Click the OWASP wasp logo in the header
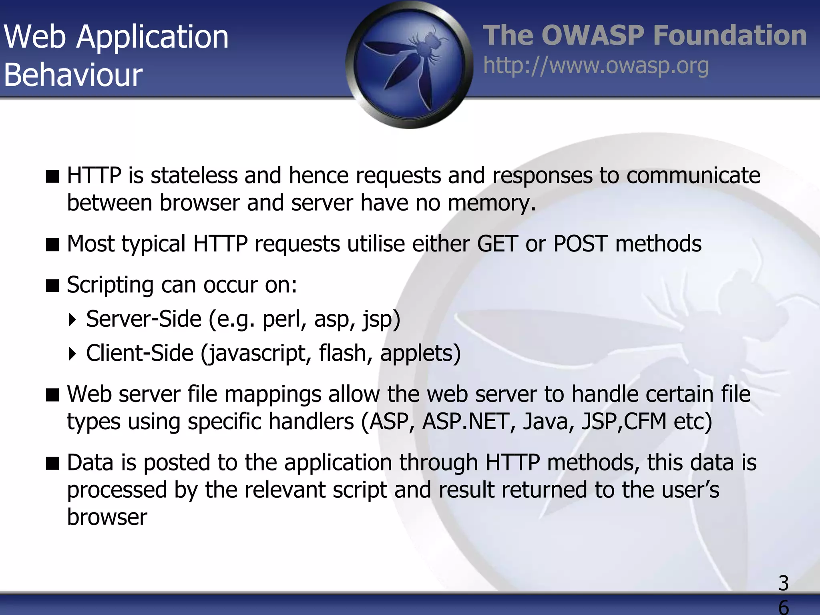pos(409,64)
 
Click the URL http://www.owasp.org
pos(596,66)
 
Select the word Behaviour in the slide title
pos(73,75)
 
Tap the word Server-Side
pos(144,319)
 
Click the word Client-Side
pos(140,353)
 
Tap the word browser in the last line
pos(107,517)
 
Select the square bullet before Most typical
pos(52,244)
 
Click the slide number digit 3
pos(783,583)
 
